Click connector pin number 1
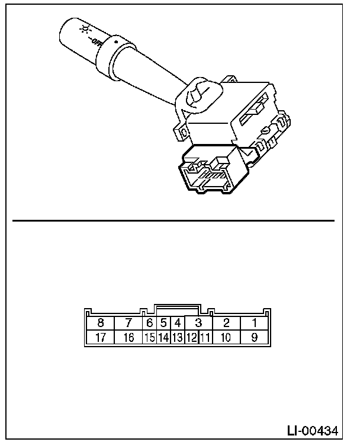coord(254,323)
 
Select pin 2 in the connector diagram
coord(226,323)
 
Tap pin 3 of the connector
coord(199,323)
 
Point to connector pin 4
coord(177,323)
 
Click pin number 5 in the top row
coord(163,323)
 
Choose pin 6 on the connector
coord(150,323)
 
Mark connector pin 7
coord(128,323)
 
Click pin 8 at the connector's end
coord(101,323)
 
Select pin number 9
coord(254,338)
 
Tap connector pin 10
coord(226,338)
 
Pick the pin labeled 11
coord(205,338)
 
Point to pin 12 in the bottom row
coord(191,338)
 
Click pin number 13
coord(177,338)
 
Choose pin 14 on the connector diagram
coord(163,338)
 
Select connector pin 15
coord(150,338)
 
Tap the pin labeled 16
coord(128,338)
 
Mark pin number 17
coord(101,338)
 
